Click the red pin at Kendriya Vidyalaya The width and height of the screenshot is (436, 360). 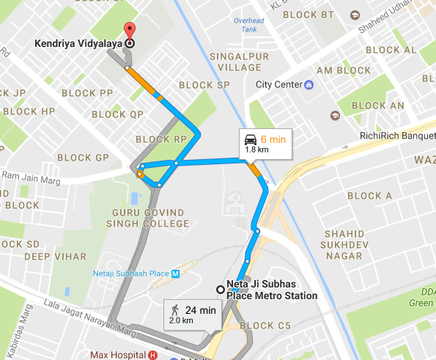[130, 31]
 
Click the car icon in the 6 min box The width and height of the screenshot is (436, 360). [251, 139]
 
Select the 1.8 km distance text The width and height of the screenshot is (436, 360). [255, 150]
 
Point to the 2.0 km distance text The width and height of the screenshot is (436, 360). [182, 321]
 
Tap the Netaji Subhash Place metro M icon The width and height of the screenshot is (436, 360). [174, 273]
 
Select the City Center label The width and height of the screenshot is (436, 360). [279, 84]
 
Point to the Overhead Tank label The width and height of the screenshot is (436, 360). [248, 25]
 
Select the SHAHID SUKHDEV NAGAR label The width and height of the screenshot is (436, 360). [344, 244]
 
